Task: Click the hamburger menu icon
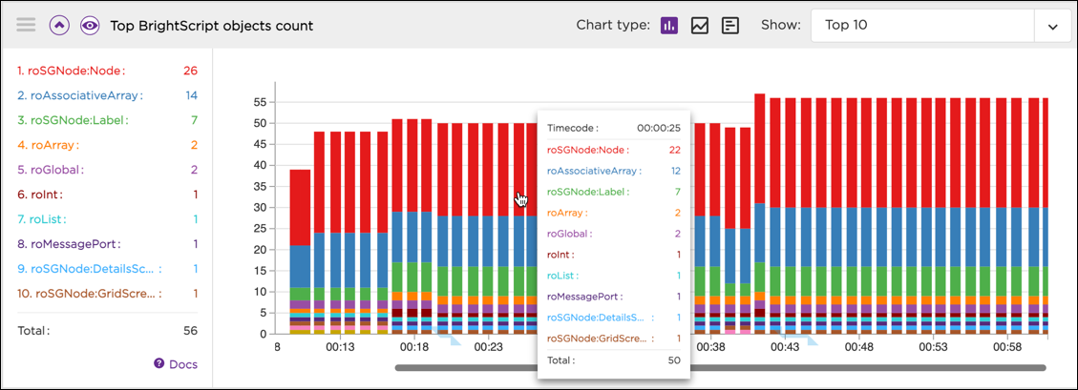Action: [26, 26]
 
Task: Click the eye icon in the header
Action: [90, 26]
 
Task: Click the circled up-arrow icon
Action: [58, 26]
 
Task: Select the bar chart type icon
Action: [669, 26]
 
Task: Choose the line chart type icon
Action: [700, 26]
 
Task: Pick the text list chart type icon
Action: [730, 26]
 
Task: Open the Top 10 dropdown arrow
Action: [1053, 27]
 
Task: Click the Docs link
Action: [176, 363]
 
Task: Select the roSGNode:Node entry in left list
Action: [71, 71]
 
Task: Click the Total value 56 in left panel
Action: [190, 330]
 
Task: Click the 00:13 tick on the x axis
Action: [340, 348]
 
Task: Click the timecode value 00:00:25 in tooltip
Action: [659, 128]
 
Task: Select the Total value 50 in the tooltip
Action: [672, 360]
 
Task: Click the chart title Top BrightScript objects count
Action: [212, 26]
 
